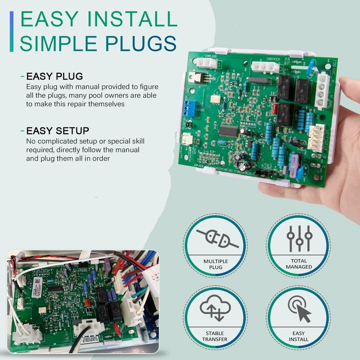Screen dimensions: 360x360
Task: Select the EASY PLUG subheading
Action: [55, 76]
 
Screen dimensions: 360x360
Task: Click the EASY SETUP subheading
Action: [58, 130]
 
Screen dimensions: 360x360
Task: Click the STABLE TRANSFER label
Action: [215, 336]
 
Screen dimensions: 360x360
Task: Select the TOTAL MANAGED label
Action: [299, 264]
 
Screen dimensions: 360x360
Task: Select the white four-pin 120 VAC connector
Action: [321, 90]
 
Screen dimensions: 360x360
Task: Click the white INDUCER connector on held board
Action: [265, 67]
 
